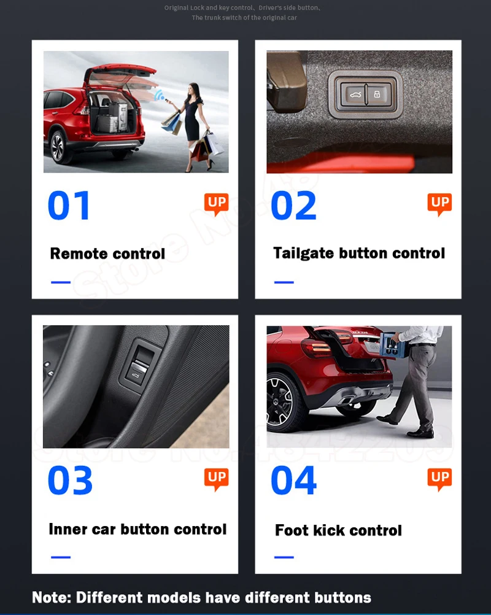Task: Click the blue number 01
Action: [x=69, y=206]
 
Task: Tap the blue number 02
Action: [x=293, y=206]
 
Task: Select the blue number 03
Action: [x=70, y=481]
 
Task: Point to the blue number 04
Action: [x=293, y=481]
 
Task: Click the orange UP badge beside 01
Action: [x=216, y=204]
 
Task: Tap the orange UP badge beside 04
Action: [x=439, y=479]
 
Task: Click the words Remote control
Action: [x=107, y=253]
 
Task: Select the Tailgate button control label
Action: [x=359, y=253]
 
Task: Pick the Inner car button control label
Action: [x=137, y=529]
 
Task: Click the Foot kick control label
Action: [x=338, y=530]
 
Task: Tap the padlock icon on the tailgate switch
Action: [x=377, y=95]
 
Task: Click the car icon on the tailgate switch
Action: [x=354, y=95]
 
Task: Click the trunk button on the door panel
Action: [x=136, y=368]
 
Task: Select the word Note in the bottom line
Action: [x=50, y=597]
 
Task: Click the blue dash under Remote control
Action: [x=60, y=282]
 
